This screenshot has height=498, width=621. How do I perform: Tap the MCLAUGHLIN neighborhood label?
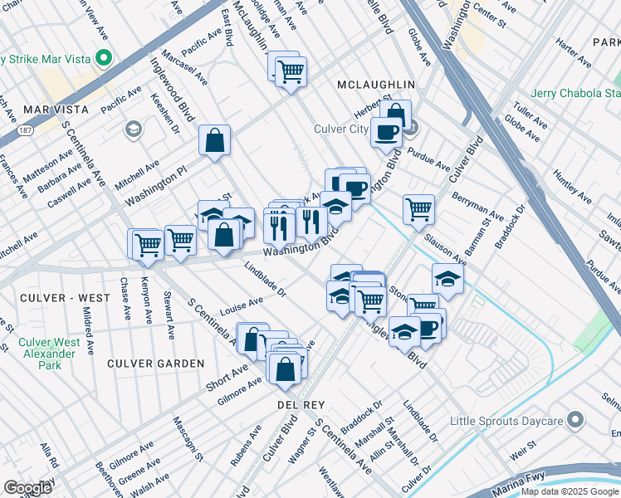[x=376, y=85]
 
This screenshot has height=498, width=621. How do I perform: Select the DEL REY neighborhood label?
[x=299, y=403]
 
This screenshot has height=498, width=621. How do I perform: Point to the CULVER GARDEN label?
[x=155, y=364]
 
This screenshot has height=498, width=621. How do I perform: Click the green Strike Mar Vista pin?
[x=105, y=59]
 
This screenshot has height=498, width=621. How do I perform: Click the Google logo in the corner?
[x=27, y=488]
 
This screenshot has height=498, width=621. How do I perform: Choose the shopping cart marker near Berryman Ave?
[x=419, y=208]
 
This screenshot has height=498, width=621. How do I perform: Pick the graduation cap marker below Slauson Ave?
[x=447, y=279]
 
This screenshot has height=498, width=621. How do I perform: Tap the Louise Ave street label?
[x=242, y=308]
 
